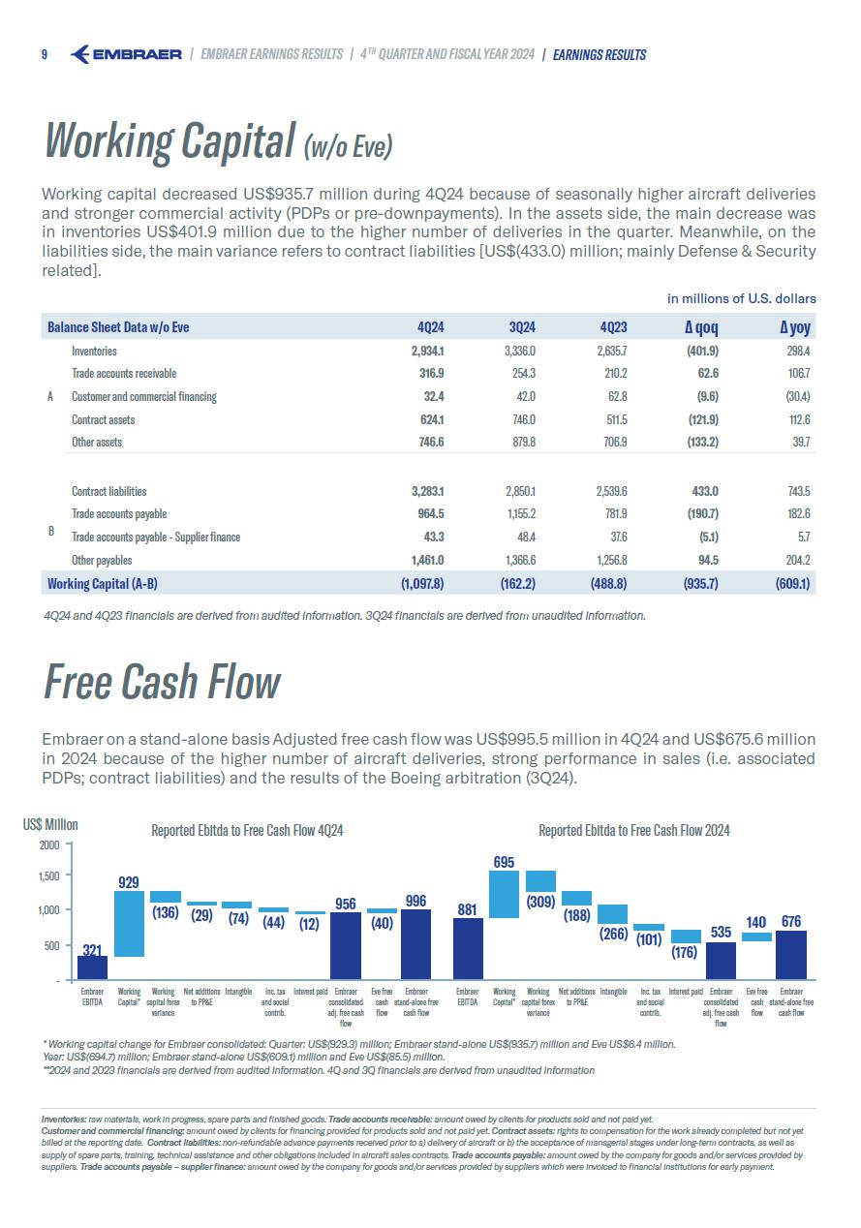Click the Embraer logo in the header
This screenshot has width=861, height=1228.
tap(127, 54)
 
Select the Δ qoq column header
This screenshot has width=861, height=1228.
tap(700, 327)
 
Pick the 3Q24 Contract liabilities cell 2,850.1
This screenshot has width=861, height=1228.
tap(516, 491)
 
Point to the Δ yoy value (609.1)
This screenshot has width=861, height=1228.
tap(792, 583)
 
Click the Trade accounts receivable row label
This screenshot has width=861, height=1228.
tap(124, 373)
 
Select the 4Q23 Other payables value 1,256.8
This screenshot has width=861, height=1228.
tap(607, 560)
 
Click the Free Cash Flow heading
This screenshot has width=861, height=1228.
tap(162, 683)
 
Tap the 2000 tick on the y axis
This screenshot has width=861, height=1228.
tap(49, 845)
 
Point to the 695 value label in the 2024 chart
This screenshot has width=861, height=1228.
tap(504, 862)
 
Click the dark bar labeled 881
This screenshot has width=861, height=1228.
tap(468, 949)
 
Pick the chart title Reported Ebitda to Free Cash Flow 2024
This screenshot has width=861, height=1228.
tap(633, 830)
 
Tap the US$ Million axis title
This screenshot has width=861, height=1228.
tap(50, 824)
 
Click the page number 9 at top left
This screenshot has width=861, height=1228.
tap(45, 54)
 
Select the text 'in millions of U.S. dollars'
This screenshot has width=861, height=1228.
tap(741, 298)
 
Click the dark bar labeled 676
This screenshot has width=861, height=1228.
tap(791, 955)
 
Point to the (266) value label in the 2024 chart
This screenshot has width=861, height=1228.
tap(613, 935)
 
